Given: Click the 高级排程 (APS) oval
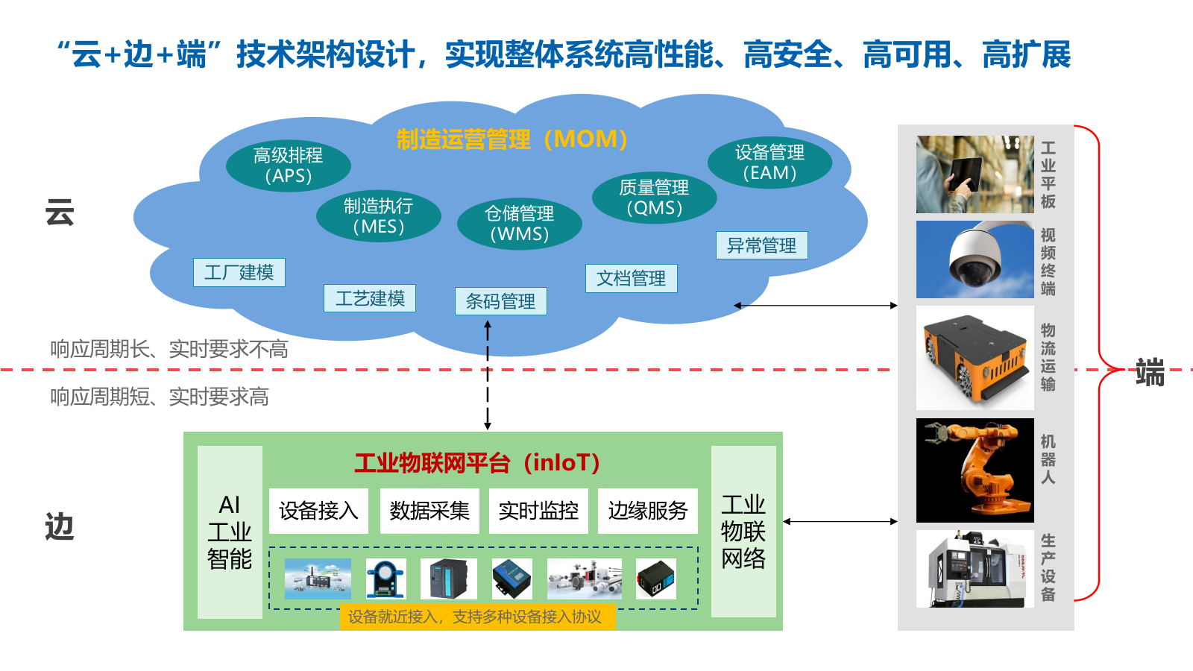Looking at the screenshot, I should pyautogui.click(x=288, y=166).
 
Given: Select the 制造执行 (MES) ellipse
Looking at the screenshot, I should pyautogui.click(x=378, y=216).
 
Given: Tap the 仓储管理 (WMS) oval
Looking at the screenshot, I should pyautogui.click(x=519, y=224).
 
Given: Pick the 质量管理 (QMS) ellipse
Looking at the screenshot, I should pyautogui.click(x=654, y=198).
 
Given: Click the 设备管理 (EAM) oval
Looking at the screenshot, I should pyautogui.click(x=769, y=163).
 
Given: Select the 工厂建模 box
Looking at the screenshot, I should pyautogui.click(x=239, y=273).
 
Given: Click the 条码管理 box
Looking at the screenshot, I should pyautogui.click(x=500, y=301).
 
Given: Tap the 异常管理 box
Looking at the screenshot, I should pyautogui.click(x=761, y=245).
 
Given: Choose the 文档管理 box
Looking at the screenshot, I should pyautogui.click(x=631, y=278).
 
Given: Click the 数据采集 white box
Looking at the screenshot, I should pyautogui.click(x=429, y=511).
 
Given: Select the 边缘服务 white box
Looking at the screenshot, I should pyautogui.click(x=647, y=511).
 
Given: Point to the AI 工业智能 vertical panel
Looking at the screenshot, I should pyautogui.click(x=230, y=532).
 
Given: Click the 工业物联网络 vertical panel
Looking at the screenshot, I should pyautogui.click(x=743, y=532).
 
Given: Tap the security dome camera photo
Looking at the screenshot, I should pyautogui.click(x=975, y=259).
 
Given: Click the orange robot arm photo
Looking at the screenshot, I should pyautogui.click(x=975, y=470).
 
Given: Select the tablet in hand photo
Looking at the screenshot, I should pyautogui.click(x=975, y=174).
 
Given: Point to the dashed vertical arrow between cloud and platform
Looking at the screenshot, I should pyautogui.click(x=488, y=377).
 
